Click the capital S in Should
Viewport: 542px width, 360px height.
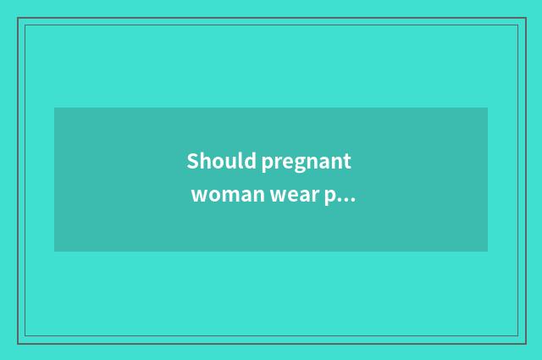click(x=192, y=161)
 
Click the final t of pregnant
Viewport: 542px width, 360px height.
click(x=346, y=162)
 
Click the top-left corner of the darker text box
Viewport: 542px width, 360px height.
click(x=54, y=108)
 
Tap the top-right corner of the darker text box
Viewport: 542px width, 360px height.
click(x=488, y=108)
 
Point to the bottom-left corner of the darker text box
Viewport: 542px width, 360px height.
click(x=54, y=252)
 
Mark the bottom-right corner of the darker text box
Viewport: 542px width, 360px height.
click(x=488, y=252)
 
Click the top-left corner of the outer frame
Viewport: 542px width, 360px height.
click(x=18, y=18)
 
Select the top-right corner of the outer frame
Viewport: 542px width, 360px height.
click(x=524, y=18)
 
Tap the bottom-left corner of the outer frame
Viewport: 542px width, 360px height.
click(x=18, y=343)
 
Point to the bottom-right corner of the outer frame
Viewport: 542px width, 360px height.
click(x=524, y=343)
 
